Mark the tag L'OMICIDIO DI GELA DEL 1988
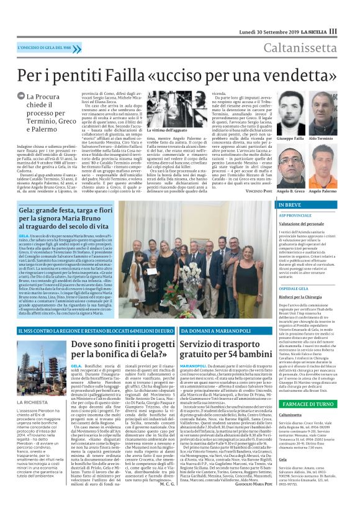(41, 47)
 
